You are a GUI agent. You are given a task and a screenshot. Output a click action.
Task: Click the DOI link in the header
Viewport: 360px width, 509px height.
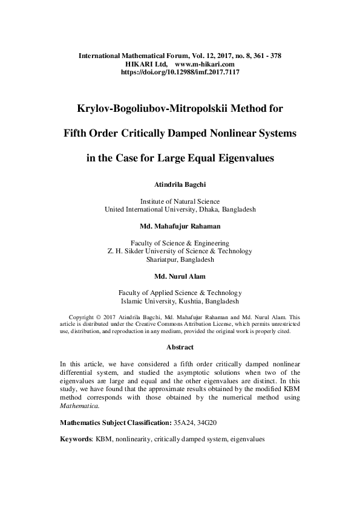point(180,71)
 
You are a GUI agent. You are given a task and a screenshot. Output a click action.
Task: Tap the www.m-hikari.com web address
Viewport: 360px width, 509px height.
point(205,63)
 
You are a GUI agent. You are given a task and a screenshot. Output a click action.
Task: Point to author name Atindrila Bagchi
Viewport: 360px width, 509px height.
point(180,185)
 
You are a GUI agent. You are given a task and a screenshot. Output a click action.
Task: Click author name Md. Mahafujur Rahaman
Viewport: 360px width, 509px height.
point(180,226)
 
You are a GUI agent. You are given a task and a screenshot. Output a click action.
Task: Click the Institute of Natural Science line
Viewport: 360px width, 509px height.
point(180,201)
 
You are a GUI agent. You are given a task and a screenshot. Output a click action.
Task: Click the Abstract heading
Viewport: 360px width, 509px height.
point(180,347)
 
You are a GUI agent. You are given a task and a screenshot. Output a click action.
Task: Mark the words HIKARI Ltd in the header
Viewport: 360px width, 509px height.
point(146,63)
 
